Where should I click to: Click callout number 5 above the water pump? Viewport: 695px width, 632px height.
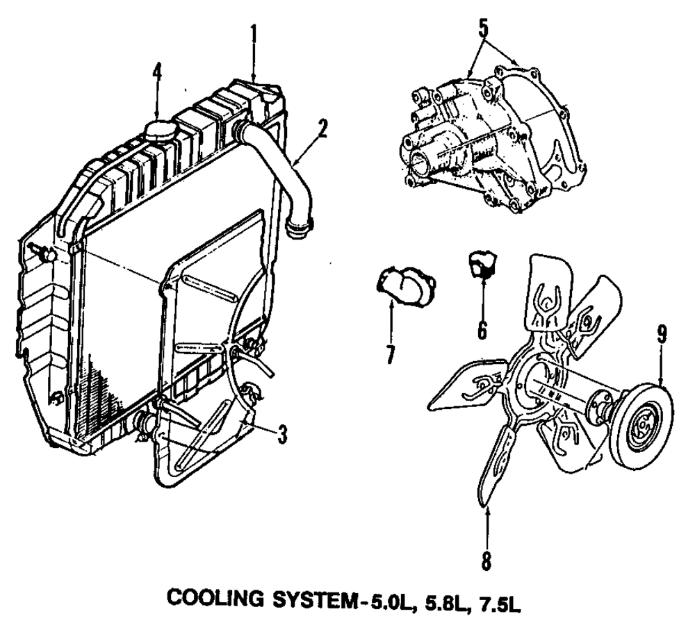click(x=484, y=28)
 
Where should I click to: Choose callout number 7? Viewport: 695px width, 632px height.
click(x=391, y=355)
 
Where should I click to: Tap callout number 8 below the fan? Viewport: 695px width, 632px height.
click(x=486, y=560)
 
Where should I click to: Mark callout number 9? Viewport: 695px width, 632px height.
click(x=662, y=335)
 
